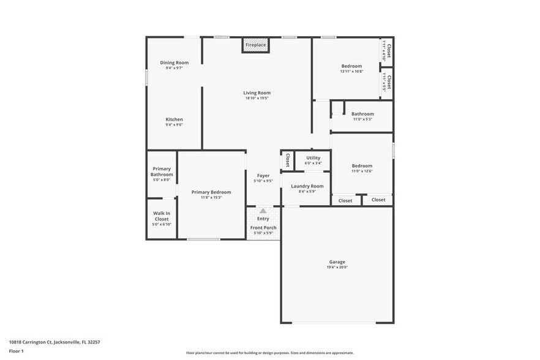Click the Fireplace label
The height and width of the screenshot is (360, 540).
pos(255,45)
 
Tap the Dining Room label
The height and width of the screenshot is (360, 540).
pos(174,62)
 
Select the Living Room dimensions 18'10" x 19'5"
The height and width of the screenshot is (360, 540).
pos(257,99)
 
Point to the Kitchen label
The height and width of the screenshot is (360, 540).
pos(174,119)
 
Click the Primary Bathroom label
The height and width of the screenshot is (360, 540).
pos(162,171)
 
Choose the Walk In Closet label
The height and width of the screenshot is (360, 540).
pos(162,216)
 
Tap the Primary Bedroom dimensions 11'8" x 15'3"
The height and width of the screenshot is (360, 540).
pos(211,198)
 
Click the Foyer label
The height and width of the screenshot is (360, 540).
pos(263,176)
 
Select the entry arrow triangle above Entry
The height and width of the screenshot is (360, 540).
pos(263,211)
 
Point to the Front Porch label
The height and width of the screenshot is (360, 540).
pos(263,228)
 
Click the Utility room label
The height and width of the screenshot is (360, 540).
pos(313,158)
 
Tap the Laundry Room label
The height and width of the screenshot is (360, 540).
pos(307,186)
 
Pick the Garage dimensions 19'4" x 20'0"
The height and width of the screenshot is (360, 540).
pos(337,268)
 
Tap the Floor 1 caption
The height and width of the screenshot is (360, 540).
pos(17,351)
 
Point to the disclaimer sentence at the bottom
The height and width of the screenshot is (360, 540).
pos(269,353)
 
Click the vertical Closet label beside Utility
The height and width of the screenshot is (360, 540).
pos(287,160)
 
